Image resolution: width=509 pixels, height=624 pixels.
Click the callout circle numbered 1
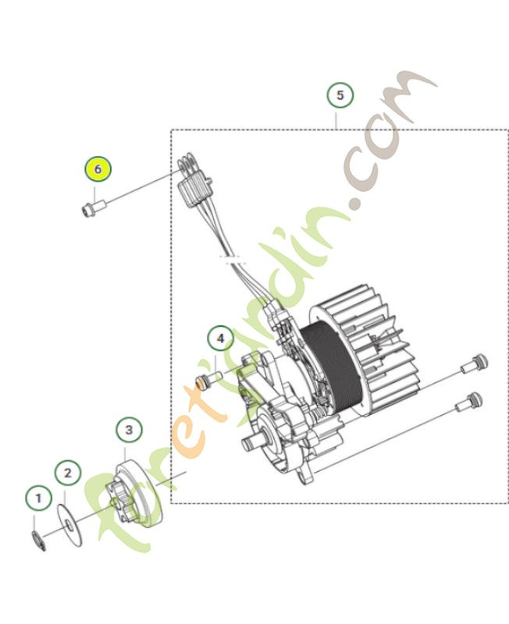coord(37,497)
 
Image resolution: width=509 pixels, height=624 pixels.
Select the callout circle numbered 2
coord(67,473)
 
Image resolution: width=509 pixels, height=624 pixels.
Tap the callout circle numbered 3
coord(129,430)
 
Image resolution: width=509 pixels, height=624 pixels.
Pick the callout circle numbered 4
coord(220,339)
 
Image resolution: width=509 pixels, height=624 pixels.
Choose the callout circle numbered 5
coord(339,96)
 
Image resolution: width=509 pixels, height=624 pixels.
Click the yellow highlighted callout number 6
coord(98,168)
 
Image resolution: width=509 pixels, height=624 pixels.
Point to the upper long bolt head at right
coord(479,362)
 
